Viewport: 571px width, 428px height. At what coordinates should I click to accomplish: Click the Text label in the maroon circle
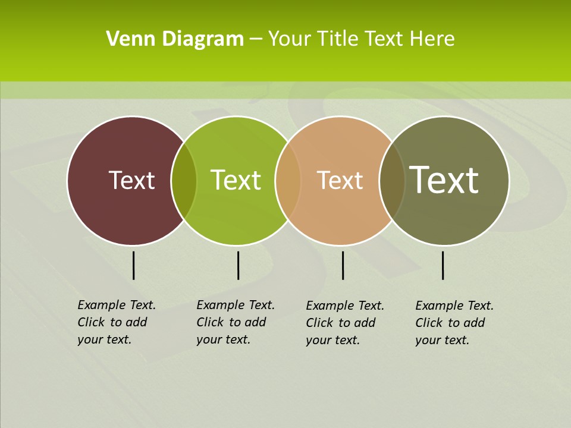(x=131, y=180)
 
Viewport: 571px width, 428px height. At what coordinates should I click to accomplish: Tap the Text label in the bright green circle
(x=236, y=180)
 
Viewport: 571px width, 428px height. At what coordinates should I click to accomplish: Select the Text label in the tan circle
(x=340, y=180)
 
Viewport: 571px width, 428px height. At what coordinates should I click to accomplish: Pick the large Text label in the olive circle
(x=444, y=180)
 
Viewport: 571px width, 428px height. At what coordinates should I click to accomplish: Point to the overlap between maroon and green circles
(x=184, y=180)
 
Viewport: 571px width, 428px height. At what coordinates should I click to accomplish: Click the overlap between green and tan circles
(x=288, y=180)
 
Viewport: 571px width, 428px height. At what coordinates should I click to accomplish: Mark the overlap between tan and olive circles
(x=391, y=180)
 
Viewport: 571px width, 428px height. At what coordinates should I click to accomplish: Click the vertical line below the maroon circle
(x=133, y=265)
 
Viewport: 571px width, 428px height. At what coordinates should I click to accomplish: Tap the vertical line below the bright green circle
(x=238, y=265)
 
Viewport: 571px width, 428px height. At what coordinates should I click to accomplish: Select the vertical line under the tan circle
(x=343, y=265)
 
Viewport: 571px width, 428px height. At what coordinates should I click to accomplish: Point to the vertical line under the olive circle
(x=443, y=265)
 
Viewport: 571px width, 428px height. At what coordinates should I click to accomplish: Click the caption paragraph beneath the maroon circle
(x=116, y=322)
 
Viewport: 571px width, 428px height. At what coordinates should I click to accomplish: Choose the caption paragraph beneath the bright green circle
(x=235, y=322)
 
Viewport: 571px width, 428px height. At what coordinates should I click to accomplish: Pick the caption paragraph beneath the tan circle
(x=344, y=323)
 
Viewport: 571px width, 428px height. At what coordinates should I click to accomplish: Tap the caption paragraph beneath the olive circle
(x=454, y=323)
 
